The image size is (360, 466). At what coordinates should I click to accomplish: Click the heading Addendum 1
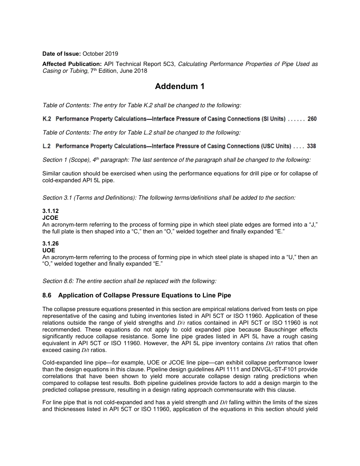[180, 87]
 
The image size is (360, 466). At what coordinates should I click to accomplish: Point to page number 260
[312, 119]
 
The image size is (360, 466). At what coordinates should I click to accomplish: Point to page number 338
[311, 146]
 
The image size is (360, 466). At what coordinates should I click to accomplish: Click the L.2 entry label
[47, 146]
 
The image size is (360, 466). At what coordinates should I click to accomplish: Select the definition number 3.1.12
[50, 211]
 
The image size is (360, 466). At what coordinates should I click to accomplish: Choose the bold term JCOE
[50, 218]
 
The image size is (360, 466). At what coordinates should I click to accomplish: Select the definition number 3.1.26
[50, 244]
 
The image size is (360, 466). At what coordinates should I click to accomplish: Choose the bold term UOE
[49, 250]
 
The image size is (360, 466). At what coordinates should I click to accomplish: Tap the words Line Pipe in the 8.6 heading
[217, 296]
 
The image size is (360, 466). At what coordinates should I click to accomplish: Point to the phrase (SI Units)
[273, 119]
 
